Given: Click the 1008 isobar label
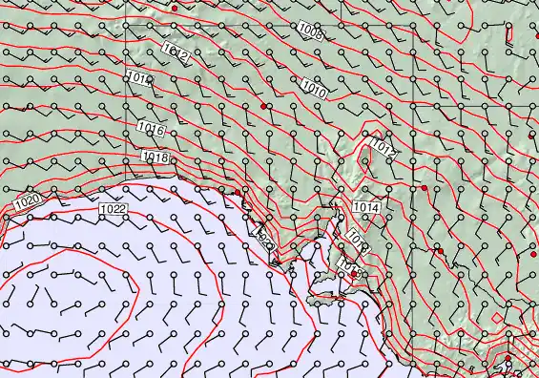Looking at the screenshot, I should tap(310, 31).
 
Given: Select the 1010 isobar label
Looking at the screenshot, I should tap(315, 90).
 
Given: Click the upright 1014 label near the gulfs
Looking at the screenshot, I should tap(365, 207).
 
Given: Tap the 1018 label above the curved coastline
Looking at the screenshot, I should tap(155, 157).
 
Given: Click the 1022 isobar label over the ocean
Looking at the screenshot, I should tap(113, 208).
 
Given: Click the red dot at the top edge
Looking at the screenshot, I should tap(174, 8).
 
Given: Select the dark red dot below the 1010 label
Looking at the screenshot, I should tap(263, 107).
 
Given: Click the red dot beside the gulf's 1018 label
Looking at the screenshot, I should tap(353, 274).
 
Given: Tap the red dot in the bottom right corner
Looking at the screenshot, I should tap(508, 359).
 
